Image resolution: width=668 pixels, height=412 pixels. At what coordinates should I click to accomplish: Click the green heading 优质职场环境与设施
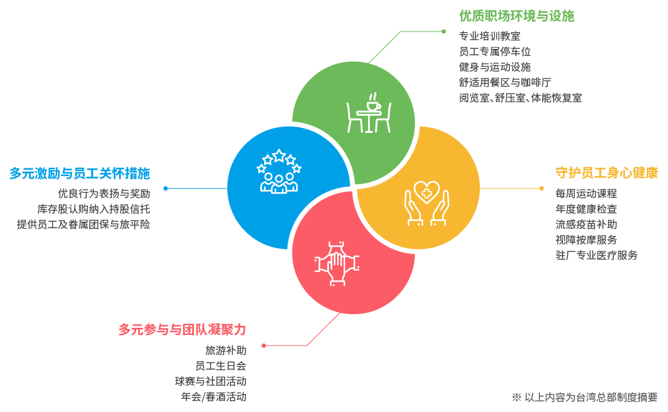[516, 16]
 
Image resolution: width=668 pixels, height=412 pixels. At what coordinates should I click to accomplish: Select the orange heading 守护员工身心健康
[606, 173]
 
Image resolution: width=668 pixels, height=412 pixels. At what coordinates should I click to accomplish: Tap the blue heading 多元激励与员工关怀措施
[79, 173]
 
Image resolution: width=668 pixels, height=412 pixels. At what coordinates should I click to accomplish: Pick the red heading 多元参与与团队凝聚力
[182, 330]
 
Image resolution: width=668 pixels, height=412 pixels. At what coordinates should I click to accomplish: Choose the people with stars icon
[279, 172]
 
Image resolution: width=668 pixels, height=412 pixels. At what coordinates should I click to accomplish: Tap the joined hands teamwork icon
[337, 263]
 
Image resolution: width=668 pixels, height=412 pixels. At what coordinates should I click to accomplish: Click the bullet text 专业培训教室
[489, 36]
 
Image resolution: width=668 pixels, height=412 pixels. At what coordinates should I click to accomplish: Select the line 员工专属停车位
[495, 51]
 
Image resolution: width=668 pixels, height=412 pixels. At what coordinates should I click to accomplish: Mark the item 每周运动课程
[586, 193]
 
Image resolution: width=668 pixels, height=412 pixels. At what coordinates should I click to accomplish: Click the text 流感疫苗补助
[586, 224]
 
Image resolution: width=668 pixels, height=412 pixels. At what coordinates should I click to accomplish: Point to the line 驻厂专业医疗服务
[596, 255]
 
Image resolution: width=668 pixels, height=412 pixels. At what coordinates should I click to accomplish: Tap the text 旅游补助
[225, 350]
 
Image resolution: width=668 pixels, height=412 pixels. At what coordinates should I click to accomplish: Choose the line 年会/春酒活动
[213, 397]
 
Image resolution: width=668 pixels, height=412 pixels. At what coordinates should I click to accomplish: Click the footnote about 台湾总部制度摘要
[584, 397]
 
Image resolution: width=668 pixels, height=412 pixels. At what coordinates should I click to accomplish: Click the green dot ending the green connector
[443, 31]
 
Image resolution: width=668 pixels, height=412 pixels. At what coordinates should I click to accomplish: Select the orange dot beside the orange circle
[541, 188]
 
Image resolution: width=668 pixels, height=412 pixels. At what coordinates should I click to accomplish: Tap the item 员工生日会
[220, 366]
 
